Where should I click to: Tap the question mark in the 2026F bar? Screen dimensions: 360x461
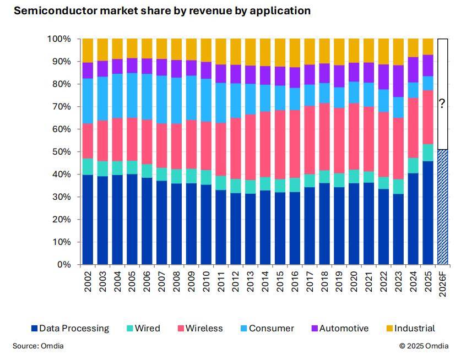click(x=442, y=103)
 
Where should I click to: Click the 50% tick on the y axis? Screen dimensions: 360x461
click(x=61, y=152)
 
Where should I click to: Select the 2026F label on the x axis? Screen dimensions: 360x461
click(x=442, y=285)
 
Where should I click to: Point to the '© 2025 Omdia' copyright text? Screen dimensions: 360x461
click(x=424, y=346)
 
